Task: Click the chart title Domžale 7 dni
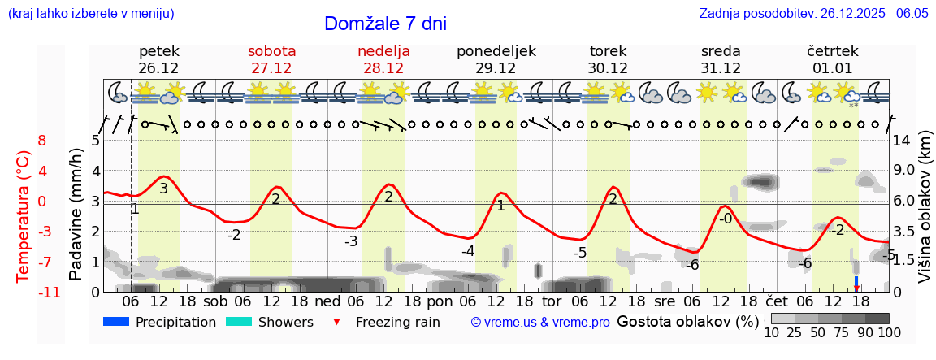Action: coord(385,24)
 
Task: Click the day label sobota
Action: coord(271,51)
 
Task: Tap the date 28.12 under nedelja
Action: coord(383,68)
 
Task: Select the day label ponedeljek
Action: coord(496,51)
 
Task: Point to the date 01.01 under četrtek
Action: coord(833,68)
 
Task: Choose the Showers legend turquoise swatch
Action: coord(239,322)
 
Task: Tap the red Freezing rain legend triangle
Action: coord(337,323)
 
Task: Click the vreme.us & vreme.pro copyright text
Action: coord(540,323)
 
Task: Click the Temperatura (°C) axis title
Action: coord(24,215)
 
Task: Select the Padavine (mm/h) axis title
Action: coord(76,215)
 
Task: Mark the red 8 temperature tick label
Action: coord(41,141)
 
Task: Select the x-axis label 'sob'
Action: coord(215,300)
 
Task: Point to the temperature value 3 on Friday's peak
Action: coord(163,189)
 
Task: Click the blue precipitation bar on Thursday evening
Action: coord(856,281)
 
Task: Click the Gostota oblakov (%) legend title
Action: coord(687,322)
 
